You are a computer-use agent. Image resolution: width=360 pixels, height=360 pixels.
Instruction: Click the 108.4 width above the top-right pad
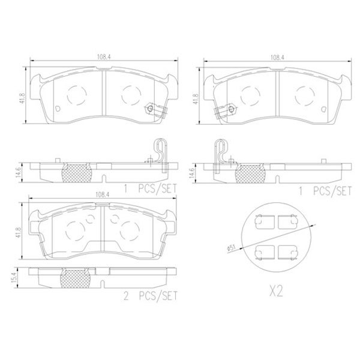(x=277, y=58)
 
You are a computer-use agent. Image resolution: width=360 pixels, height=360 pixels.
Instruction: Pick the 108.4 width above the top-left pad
(x=105, y=58)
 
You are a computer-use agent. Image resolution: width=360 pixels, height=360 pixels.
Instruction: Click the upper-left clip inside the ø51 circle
(x=262, y=222)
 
